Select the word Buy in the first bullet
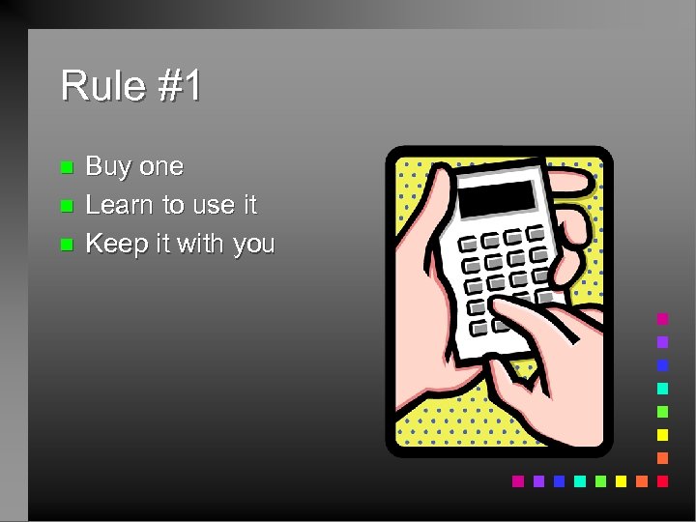pyautogui.click(x=107, y=167)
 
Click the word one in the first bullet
pyautogui.click(x=159, y=167)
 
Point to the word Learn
pyautogui.click(x=121, y=205)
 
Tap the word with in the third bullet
pyautogui.click(x=200, y=244)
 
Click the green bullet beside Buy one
pyautogui.click(x=66, y=167)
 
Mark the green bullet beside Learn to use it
pyautogui.click(x=66, y=206)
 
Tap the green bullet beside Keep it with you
pyautogui.click(x=66, y=245)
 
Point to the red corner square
pyautogui.click(x=662, y=480)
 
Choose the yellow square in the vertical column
pyautogui.click(x=662, y=435)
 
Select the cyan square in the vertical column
pyautogui.click(x=662, y=389)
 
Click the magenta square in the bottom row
pyautogui.click(x=517, y=480)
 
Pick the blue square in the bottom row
pyautogui.click(x=559, y=480)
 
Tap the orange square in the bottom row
pyautogui.click(x=641, y=480)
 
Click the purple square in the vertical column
pyautogui.click(x=662, y=342)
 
